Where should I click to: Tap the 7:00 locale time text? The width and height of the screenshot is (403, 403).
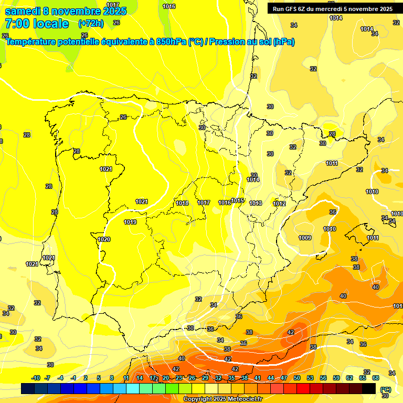coord(37,24)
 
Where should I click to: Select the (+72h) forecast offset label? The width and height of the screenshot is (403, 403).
coord(91,23)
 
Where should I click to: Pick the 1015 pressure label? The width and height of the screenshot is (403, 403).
coord(237,201)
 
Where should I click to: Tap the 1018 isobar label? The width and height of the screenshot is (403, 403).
coord(182,203)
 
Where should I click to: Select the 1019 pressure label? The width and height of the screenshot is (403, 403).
coord(130,222)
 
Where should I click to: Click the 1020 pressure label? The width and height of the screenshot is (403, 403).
coord(104,239)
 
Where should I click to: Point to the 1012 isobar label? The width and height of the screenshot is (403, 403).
coord(279,204)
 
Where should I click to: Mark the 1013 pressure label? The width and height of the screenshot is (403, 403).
coord(256,203)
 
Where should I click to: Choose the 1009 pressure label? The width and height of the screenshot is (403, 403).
coord(305,238)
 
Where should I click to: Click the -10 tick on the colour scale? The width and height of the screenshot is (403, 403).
coord(36,378)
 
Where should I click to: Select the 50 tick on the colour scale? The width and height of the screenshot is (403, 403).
coord(297,378)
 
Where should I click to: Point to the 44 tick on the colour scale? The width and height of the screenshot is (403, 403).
coord(271,378)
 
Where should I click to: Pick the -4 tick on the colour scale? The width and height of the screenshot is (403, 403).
coord(60,378)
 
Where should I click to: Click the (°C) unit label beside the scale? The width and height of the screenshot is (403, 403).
coord(385,389)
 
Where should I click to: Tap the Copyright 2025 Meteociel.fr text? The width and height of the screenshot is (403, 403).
coord(223,399)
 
